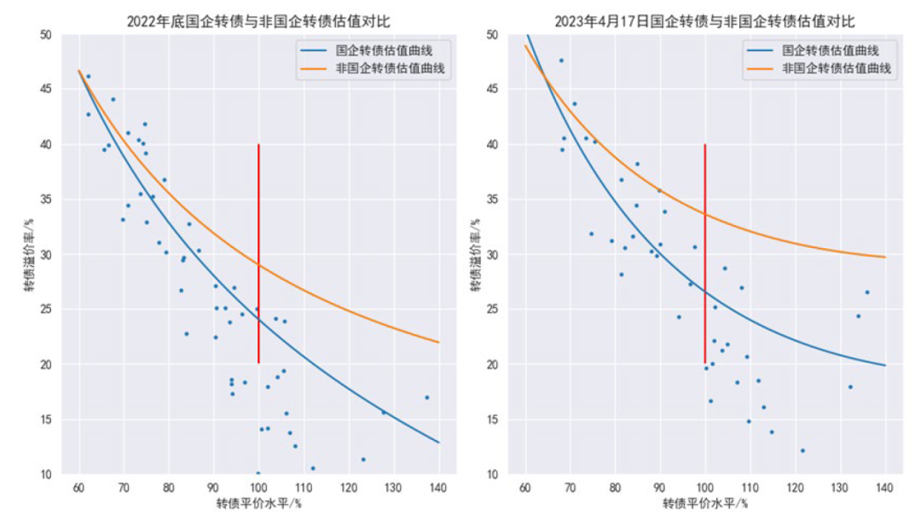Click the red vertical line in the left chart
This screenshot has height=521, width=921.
[258, 256]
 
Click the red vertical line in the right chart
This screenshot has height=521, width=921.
[704, 256]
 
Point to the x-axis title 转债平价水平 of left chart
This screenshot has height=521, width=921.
[258, 505]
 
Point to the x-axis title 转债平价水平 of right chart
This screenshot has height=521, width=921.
[704, 505]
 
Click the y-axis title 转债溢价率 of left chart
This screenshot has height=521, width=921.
[28, 255]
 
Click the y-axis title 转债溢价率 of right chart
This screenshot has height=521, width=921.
[475, 255]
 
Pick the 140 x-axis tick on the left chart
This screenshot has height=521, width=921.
[437, 488]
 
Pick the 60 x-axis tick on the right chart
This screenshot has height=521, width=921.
[524, 488]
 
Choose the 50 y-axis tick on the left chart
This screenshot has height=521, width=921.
[45, 35]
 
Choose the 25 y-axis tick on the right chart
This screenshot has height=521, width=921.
[492, 310]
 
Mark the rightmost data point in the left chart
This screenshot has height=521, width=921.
[427, 397]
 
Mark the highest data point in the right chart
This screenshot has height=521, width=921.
[561, 61]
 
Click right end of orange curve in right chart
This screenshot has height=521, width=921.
[885, 257]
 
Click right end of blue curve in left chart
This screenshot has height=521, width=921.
[438, 443]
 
